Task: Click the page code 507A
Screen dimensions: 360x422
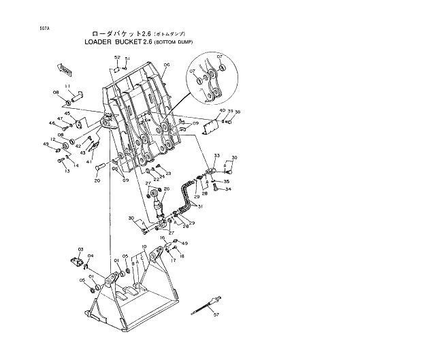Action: point(25,29)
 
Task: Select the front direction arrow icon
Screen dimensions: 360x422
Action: point(63,69)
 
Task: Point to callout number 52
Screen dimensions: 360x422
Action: point(116,57)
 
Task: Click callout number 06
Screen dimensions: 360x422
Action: point(166,65)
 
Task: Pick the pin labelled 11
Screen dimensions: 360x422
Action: point(77,94)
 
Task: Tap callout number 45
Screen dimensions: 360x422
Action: point(67,114)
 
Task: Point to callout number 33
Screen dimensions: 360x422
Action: point(216,156)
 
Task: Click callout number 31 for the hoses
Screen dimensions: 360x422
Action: point(200,206)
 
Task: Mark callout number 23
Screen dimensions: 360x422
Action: point(168,174)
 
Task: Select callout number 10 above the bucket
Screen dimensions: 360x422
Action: point(144,246)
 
